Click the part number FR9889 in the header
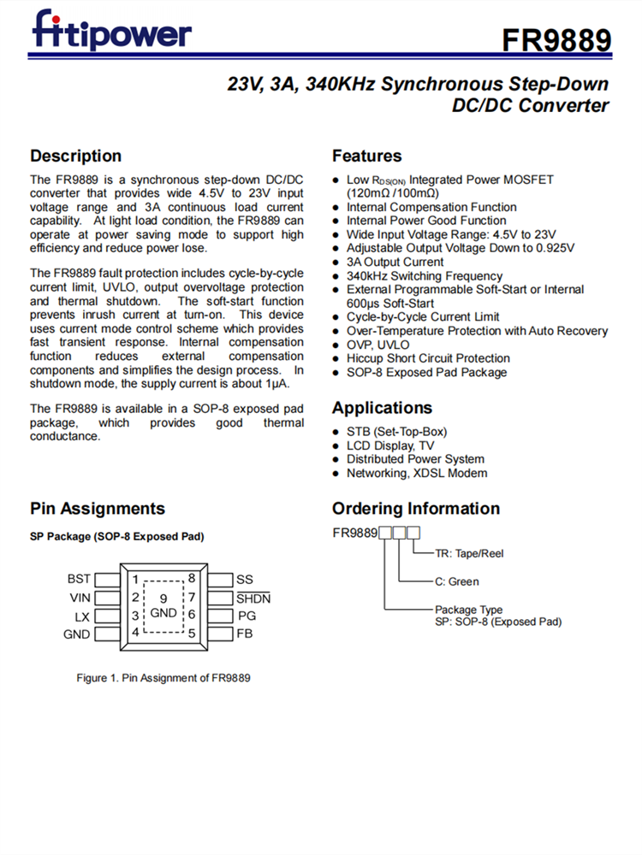[556, 40]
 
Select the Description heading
[76, 156]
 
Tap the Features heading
[366, 156]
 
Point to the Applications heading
[382, 407]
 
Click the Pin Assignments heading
[98, 508]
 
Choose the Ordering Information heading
[416, 508]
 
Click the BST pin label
[79, 579]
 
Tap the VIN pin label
[80, 598]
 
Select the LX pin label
[82, 616]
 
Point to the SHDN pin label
[253, 598]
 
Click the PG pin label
[246, 616]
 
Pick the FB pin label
[245, 634]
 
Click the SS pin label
[245, 579]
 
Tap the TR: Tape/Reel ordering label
[469, 553]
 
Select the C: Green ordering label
[457, 581]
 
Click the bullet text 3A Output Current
[395, 262]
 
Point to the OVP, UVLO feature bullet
[377, 345]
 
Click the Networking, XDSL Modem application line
[417, 473]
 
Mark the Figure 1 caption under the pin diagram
[163, 677]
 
